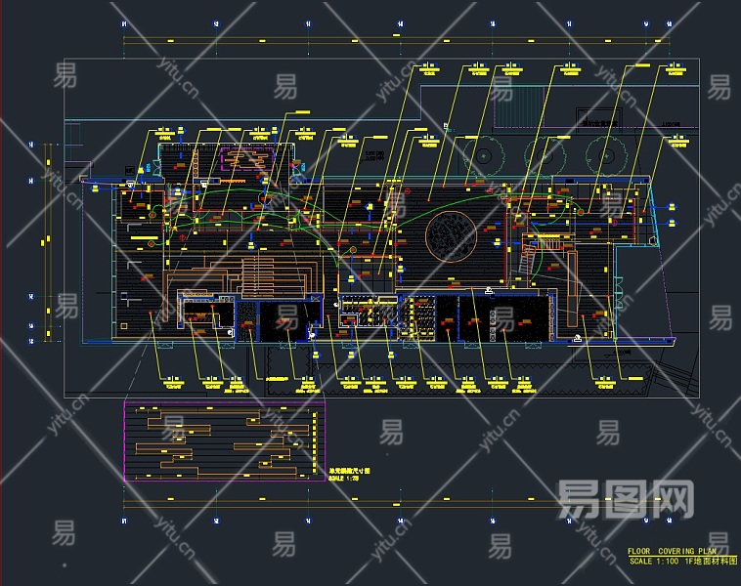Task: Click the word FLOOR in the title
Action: pyautogui.click(x=638, y=552)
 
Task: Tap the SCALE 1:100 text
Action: pyautogui.click(x=654, y=561)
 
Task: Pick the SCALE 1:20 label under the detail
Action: pyautogui.click(x=339, y=480)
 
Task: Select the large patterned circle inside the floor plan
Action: pyautogui.click(x=452, y=235)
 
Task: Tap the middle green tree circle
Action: pyautogui.click(x=545, y=152)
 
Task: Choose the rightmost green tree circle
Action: pyautogui.click(x=608, y=152)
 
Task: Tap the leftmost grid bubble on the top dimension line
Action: pyautogui.click(x=124, y=22)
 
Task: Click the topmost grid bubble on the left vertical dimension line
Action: pyautogui.click(x=31, y=146)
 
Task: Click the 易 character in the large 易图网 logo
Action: pyautogui.click(x=576, y=500)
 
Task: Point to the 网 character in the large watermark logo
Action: pyautogui.click(x=675, y=500)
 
